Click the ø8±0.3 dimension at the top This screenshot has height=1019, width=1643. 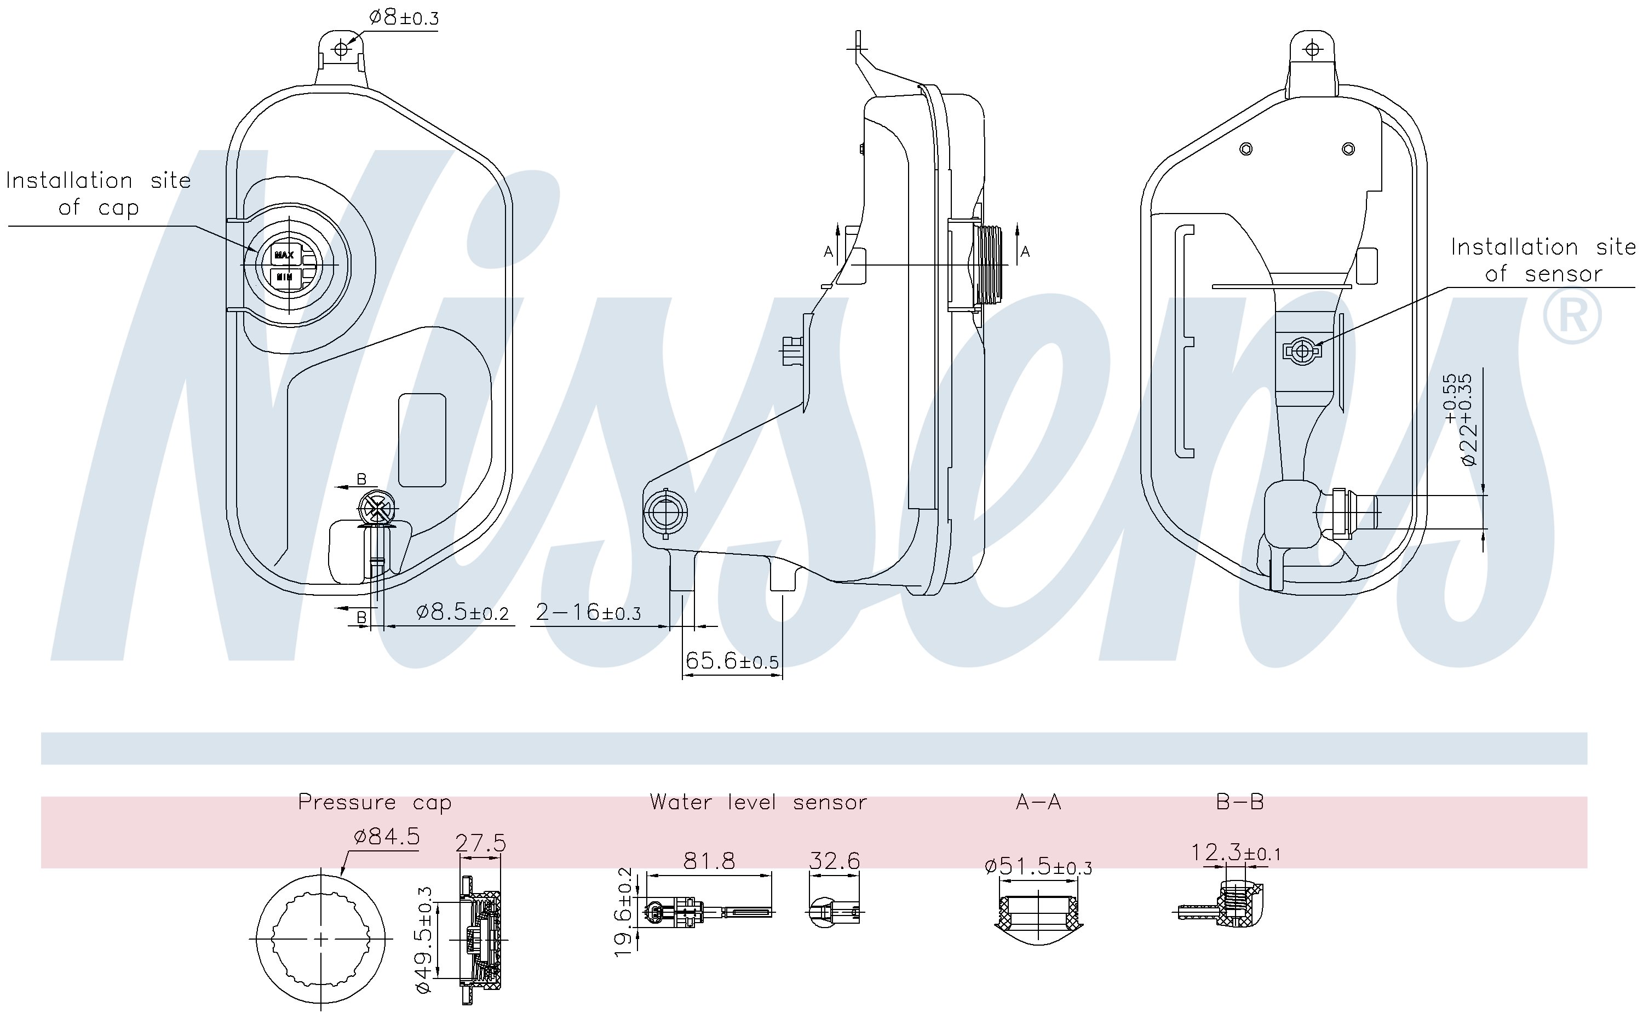[x=404, y=18]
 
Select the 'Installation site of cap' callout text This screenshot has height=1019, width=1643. [x=99, y=194]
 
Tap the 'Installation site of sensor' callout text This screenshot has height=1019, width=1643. [x=1543, y=260]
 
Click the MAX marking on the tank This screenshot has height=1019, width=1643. [x=284, y=255]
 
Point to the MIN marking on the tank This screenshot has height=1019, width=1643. [x=284, y=277]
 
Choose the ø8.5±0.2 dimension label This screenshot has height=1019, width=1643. [x=462, y=612]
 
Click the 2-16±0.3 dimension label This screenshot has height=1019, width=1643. [x=588, y=612]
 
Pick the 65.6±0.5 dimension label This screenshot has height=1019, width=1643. [x=732, y=660]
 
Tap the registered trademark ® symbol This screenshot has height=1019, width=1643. [x=1572, y=315]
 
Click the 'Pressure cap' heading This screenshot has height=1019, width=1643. [x=375, y=802]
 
